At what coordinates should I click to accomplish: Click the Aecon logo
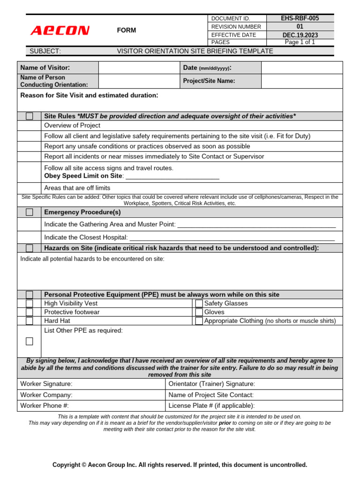coord(60,31)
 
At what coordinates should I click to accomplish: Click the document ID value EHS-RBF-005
coord(300,18)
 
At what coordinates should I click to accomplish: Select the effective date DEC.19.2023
coord(300,35)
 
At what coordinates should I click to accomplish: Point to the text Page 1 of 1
coord(300,42)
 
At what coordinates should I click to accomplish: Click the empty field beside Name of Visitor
coord(139,68)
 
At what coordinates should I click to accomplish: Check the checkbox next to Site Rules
coord(30,116)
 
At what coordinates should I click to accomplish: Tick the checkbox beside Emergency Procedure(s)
coord(30,212)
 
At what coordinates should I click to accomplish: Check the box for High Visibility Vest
coord(30,303)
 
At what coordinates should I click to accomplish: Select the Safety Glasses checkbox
coord(199,303)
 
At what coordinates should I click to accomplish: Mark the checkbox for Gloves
coord(199,312)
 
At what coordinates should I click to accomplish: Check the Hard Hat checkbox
coord(30,321)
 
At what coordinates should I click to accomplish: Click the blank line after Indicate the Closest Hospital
coord(232,238)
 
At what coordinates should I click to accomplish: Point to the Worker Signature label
coord(46,384)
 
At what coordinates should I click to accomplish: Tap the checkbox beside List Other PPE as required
coord(30,341)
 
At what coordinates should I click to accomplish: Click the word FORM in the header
coord(127,30)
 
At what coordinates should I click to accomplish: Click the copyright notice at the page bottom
coord(180,465)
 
